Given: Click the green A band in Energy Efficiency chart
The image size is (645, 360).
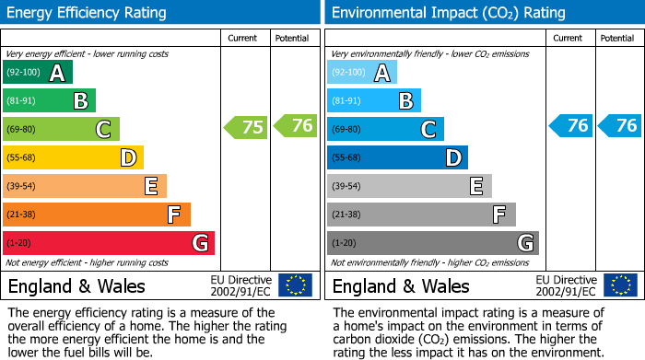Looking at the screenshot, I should (x=38, y=73).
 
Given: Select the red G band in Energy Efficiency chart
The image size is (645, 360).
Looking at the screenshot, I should (x=109, y=243).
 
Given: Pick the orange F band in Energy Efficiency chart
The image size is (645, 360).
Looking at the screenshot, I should (x=97, y=215).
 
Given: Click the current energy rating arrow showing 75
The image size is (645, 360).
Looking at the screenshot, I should (x=247, y=127).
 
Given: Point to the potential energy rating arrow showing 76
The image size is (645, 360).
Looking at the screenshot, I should (x=296, y=125).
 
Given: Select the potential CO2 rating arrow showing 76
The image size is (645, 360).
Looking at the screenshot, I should (x=620, y=125).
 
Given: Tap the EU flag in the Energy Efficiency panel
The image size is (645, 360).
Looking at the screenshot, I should (x=295, y=285).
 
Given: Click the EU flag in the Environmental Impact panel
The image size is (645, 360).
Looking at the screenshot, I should (x=619, y=285).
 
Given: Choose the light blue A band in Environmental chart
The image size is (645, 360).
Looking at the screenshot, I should (x=362, y=73).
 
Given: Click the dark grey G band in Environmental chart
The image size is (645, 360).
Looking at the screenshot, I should (x=433, y=243).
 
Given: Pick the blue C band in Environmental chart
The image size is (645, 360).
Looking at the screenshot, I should (x=385, y=130).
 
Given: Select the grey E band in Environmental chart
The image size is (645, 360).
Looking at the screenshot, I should (x=409, y=187).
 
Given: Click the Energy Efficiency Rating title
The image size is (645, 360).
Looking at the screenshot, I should (x=88, y=13).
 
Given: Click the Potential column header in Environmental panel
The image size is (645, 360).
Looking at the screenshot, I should (x=616, y=38).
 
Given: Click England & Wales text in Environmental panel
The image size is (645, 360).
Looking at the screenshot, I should (x=401, y=286).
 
